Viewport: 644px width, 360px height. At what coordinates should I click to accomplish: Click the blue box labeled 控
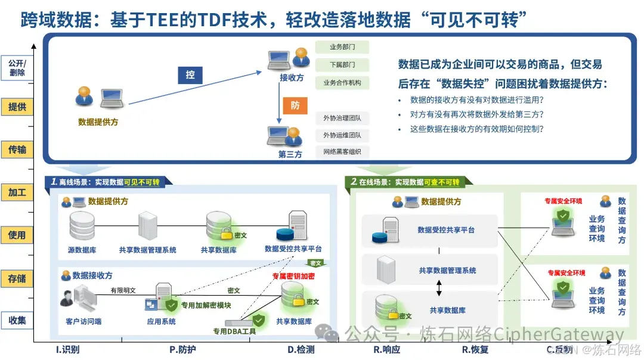(190, 75)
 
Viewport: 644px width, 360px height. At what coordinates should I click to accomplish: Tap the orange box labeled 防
(295, 105)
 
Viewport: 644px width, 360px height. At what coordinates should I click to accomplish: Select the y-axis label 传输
(17, 150)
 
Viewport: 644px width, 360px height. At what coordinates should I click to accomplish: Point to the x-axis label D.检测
(301, 350)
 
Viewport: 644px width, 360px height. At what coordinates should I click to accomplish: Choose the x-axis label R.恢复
(475, 350)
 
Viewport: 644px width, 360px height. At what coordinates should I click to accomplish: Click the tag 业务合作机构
(342, 83)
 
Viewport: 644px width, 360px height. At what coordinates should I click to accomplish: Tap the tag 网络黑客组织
(342, 152)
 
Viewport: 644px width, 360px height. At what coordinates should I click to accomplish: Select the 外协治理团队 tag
(342, 118)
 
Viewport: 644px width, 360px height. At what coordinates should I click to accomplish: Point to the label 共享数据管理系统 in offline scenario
(147, 250)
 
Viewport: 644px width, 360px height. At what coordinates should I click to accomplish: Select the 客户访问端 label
(83, 321)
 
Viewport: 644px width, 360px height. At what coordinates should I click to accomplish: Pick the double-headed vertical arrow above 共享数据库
(439, 288)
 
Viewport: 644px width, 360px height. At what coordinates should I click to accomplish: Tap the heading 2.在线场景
(405, 182)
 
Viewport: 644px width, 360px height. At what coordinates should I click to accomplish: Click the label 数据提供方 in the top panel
(98, 122)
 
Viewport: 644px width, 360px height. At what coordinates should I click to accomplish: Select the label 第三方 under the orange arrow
(290, 154)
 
